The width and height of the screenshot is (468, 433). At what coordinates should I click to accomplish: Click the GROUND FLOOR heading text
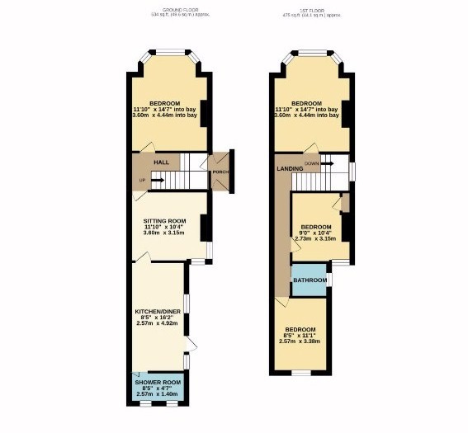173,9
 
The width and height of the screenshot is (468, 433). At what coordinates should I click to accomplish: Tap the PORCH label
220,172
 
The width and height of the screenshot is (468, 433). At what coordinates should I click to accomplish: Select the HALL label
161,162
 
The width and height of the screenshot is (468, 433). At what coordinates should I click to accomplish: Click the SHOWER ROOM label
159,383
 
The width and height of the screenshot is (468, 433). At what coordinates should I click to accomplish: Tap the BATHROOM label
310,280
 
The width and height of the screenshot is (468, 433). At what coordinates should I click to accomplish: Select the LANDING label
289,169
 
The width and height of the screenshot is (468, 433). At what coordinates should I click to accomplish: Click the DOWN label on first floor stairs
311,163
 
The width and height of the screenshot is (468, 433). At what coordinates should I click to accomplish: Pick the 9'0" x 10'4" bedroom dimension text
315,233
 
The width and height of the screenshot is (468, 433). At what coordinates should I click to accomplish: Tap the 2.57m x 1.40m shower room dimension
159,395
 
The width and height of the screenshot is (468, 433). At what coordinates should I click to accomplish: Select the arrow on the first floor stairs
327,163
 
